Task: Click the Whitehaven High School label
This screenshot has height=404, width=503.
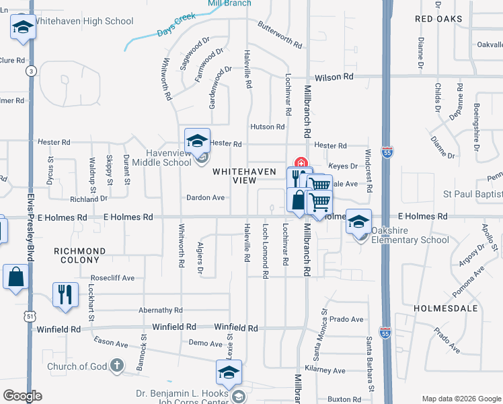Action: pyautogui.click(x=83, y=22)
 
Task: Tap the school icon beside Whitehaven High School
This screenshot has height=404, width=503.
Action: pyautogui.click(x=23, y=28)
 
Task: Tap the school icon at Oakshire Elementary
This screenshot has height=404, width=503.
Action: pyautogui.click(x=359, y=221)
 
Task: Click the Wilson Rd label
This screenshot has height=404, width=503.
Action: pyautogui.click(x=338, y=77)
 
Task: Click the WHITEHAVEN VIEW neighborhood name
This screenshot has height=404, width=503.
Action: pyautogui.click(x=244, y=176)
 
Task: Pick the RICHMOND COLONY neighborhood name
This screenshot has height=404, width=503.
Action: pyautogui.click(x=80, y=256)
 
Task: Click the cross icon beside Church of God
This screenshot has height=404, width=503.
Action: pyautogui.click(x=116, y=366)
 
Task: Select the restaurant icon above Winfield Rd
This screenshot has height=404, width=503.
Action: pyautogui.click(x=65, y=294)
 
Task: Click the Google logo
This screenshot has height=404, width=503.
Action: pyautogui.click(x=22, y=396)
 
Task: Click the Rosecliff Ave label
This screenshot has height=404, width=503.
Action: pyautogui.click(x=113, y=277)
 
